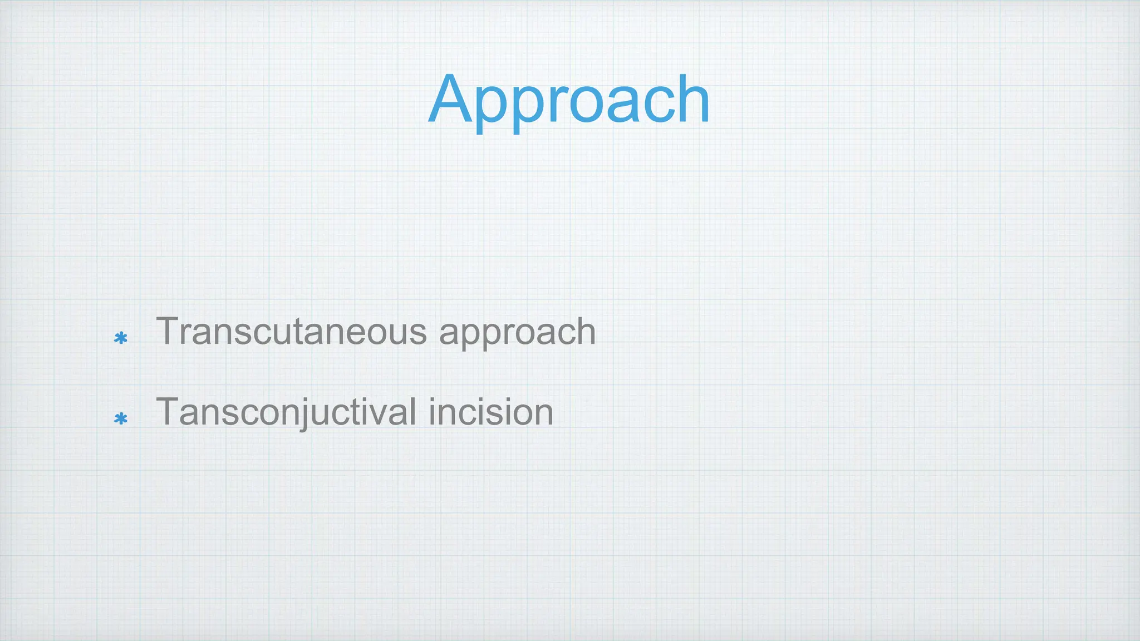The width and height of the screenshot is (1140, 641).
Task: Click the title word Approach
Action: [x=569, y=100]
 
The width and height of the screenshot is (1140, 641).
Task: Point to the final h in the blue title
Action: [x=694, y=100]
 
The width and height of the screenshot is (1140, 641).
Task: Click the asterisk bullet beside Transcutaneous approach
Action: [x=121, y=338]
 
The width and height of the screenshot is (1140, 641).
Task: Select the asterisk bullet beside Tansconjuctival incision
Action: [x=121, y=418]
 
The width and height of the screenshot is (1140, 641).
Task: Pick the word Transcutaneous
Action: [x=292, y=332]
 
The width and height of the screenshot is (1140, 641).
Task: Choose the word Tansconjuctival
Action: [x=287, y=413]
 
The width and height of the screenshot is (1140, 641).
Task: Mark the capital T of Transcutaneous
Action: [x=167, y=331]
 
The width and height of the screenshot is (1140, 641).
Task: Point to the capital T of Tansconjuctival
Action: [x=167, y=411]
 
